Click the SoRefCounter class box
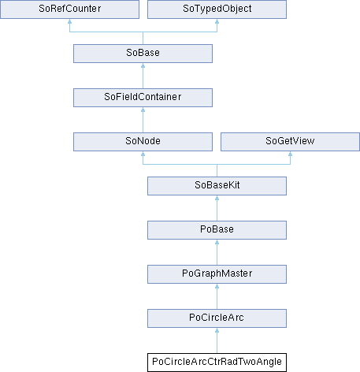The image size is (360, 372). [x=69, y=9]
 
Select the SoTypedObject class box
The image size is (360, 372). [x=217, y=9]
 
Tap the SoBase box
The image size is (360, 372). [x=143, y=54]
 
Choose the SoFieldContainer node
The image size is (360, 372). [x=143, y=98]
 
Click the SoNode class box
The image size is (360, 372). [x=143, y=142]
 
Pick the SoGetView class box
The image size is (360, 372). [x=290, y=142]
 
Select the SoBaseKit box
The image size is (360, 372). [x=217, y=186]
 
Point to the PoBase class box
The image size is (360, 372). [x=217, y=230]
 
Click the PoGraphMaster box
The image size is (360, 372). [x=217, y=274]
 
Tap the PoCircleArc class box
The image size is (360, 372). [x=217, y=318]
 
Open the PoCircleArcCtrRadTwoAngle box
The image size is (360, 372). [x=217, y=363]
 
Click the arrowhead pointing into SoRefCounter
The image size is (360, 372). [x=69, y=21]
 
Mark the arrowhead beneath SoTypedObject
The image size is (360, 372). [x=217, y=21]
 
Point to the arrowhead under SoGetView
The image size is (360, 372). [x=290, y=154]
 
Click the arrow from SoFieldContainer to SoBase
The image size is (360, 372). [x=143, y=76]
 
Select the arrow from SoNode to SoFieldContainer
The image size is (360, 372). [x=143, y=120]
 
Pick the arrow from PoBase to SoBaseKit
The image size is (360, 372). [x=217, y=208]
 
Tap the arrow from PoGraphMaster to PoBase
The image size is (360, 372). [x=217, y=252]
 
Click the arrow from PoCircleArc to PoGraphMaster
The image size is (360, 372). [x=217, y=296]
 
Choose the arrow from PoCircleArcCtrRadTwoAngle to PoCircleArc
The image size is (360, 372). [x=217, y=340]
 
